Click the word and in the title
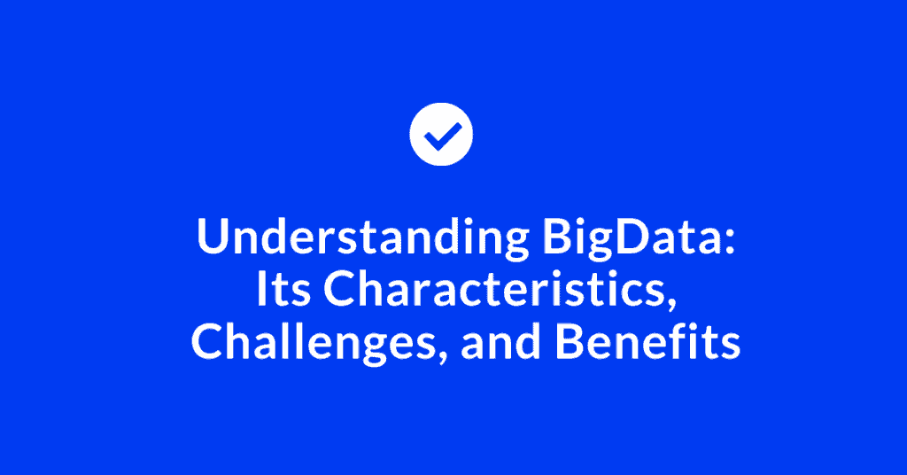[x=501, y=341]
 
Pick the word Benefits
[x=647, y=341]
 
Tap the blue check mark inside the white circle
[x=442, y=136]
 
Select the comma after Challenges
[x=442, y=354]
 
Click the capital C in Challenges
[x=207, y=342]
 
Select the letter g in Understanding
[x=516, y=243]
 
